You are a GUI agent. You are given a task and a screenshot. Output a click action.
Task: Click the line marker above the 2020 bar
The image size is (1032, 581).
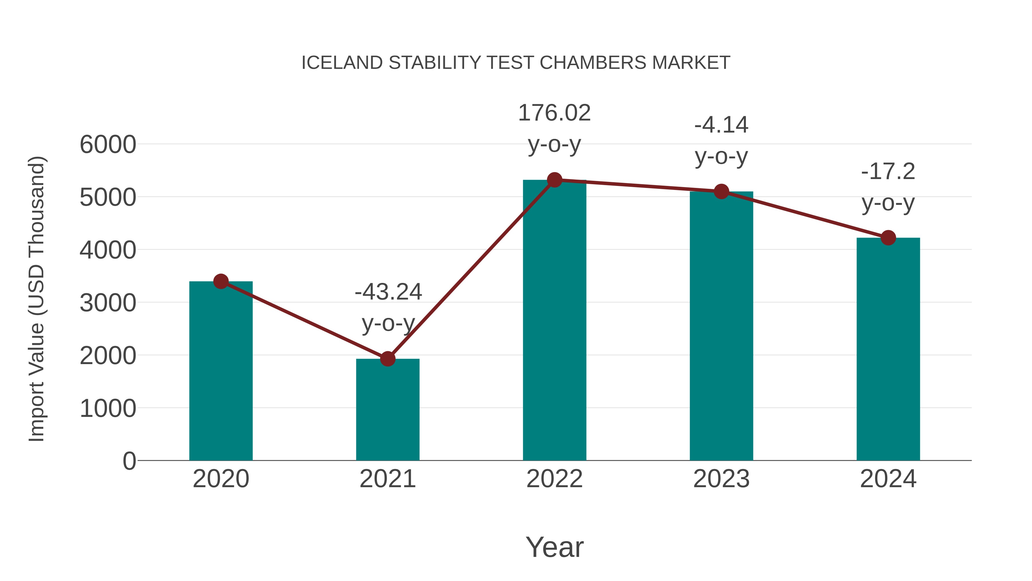point(221,281)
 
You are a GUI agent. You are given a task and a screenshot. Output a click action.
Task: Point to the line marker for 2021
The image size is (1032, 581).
point(387,359)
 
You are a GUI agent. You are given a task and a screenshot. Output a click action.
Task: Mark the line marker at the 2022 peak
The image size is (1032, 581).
point(554,180)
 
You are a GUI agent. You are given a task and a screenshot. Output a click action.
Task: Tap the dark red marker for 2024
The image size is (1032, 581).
point(888,238)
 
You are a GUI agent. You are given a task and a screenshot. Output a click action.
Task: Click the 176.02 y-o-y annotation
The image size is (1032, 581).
point(554,128)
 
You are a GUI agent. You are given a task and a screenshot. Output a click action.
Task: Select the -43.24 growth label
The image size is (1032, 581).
point(388,307)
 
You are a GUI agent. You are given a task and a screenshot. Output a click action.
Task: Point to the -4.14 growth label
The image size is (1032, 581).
point(721,140)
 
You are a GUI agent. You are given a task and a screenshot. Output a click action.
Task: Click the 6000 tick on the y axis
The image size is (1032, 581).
point(108,145)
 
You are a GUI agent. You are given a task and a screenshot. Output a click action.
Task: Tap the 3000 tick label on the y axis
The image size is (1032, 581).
point(108,303)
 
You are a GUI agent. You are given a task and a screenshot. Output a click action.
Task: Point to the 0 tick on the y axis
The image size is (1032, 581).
point(129,461)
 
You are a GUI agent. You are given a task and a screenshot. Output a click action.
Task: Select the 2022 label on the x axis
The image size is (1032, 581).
point(554,479)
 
